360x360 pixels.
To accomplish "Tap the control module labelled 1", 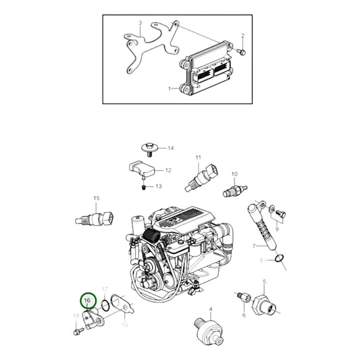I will click(210, 72).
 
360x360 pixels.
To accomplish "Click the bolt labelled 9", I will click(282, 215).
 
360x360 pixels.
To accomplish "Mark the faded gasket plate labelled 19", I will click(121, 301).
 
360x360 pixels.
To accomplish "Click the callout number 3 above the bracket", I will click(140, 23).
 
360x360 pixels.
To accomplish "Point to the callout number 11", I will click(199, 158).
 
